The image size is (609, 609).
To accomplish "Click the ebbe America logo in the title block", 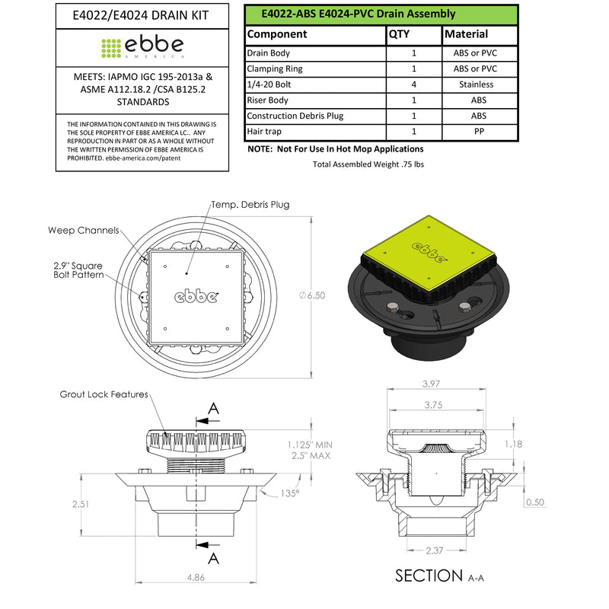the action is point(142,48).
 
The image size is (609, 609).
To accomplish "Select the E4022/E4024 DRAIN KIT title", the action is point(141,15).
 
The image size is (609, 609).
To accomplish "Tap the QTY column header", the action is point(399,34).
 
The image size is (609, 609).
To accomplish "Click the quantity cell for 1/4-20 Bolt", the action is point(414,84).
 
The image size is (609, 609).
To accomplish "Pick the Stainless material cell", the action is point(477,84).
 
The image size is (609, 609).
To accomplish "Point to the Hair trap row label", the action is point(264,132).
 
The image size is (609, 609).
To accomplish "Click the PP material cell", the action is point(479,132).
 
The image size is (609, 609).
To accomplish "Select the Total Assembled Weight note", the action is point(368,164).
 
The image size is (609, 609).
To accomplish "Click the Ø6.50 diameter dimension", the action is point(312,295).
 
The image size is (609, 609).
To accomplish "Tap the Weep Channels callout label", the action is point(84,231).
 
